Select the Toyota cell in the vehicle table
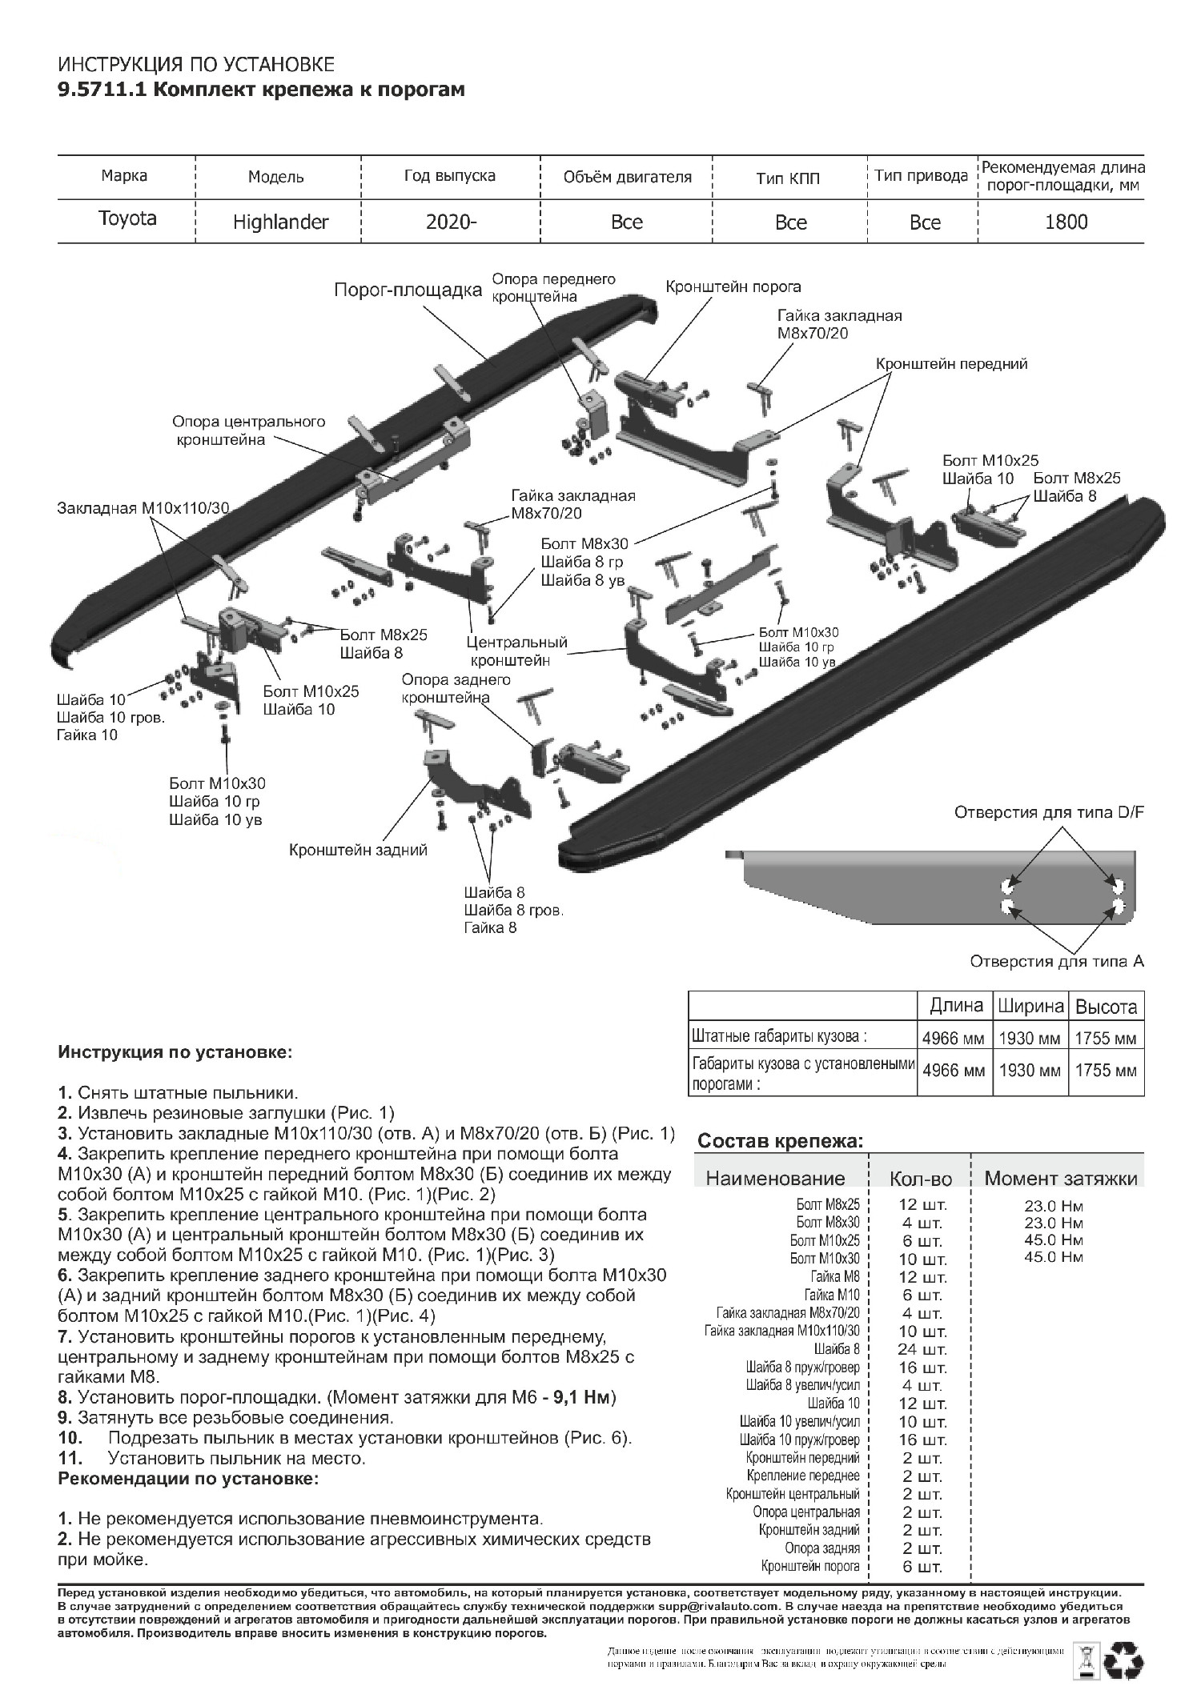[x=127, y=218]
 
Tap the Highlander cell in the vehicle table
[x=280, y=222]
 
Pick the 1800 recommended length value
[x=1066, y=222]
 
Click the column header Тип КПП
[x=788, y=178]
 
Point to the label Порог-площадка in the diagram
[x=408, y=290]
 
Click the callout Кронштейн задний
[x=358, y=850]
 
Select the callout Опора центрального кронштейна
[x=248, y=430]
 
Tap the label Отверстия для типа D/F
[x=1049, y=813]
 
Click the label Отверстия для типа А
[x=1057, y=960]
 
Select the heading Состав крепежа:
[x=781, y=1141]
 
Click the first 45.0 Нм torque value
[x=1053, y=1240]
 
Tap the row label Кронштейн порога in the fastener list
[x=810, y=1566]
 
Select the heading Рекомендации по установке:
[x=188, y=1479]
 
